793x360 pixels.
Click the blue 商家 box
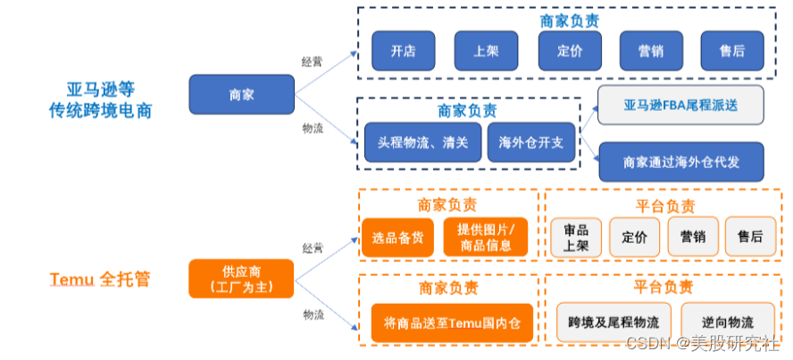pos(242,95)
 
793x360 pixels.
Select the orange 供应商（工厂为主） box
pos(241,279)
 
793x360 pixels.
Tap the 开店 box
pos(403,51)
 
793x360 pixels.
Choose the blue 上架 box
pos(486,51)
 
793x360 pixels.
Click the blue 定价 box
pos(570,51)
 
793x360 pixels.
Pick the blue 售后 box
pos(732,51)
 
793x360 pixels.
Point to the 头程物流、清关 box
pos(422,142)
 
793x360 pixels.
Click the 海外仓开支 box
pos(531,142)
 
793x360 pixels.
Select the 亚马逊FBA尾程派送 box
pos(680,105)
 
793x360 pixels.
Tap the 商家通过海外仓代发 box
pos(681,162)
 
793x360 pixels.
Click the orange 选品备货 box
pos(397,237)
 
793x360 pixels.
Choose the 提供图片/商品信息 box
pos(486,237)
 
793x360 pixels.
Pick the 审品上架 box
pos(576,237)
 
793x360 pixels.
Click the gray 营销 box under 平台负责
pos(693,237)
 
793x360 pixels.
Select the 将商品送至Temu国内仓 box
pos(452,322)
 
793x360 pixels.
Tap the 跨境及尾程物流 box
pos(614,322)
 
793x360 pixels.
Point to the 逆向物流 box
pos(728,322)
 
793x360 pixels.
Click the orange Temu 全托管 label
pos(100,279)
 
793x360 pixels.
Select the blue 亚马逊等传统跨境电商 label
pos(100,100)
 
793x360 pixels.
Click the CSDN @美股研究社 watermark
pos(704,343)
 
